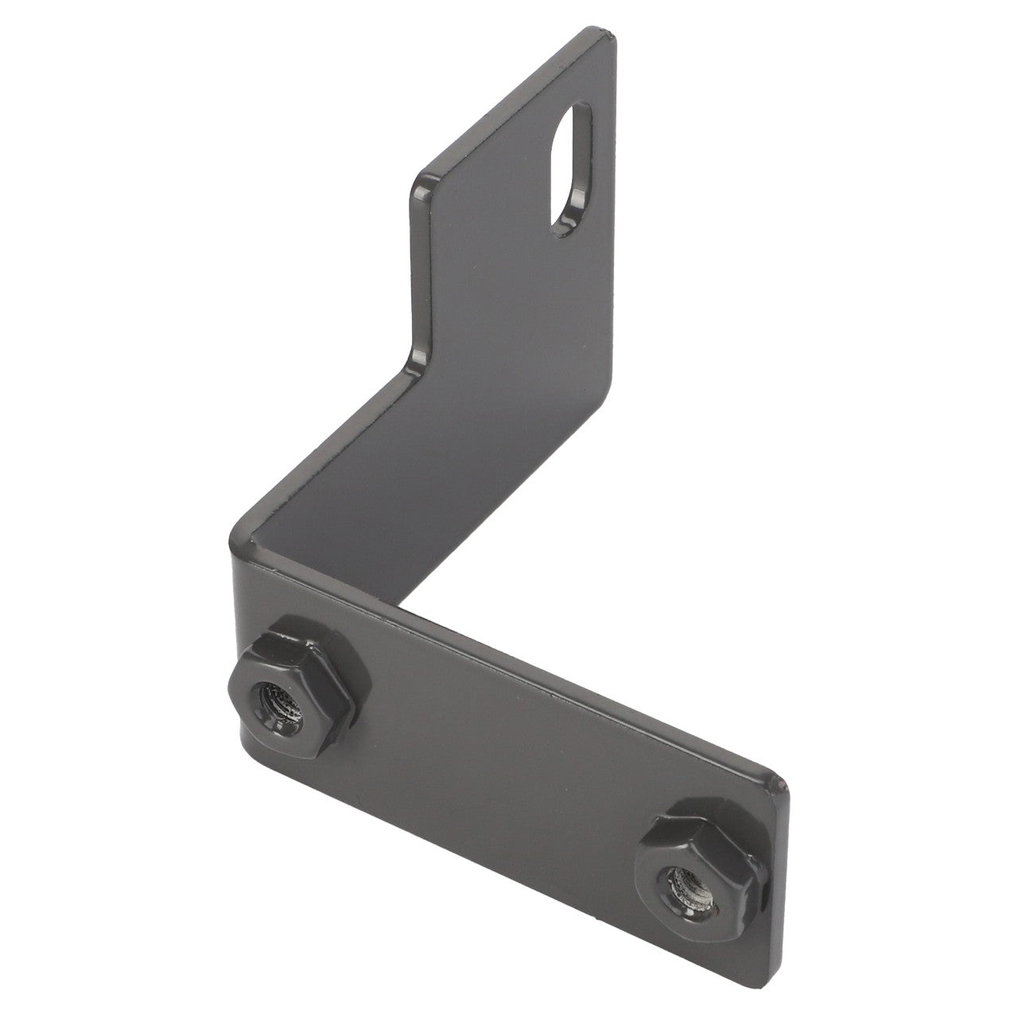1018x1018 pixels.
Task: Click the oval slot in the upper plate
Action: (x=571, y=168)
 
